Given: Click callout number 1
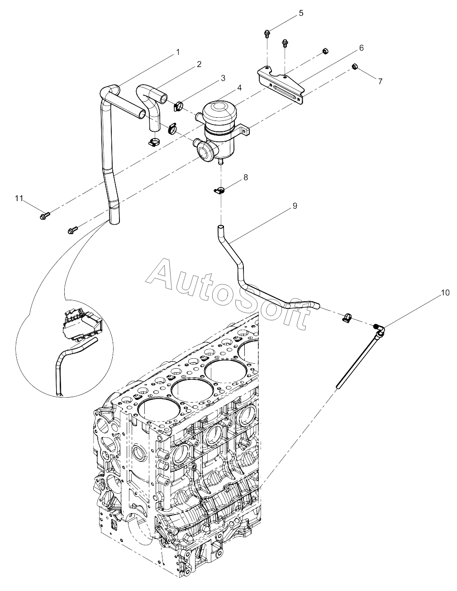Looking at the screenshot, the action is click(x=178, y=52).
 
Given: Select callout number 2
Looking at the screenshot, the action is click(x=199, y=64).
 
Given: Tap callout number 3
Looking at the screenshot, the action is click(x=223, y=78).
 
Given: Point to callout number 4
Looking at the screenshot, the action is click(x=239, y=87).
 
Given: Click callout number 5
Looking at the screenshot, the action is click(x=301, y=13).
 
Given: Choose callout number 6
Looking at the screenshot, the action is click(x=361, y=48).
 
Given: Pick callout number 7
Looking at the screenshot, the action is click(x=380, y=81).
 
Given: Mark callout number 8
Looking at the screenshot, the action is click(x=246, y=178).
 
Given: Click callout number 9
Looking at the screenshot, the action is click(x=295, y=206).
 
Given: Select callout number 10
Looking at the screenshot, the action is click(x=445, y=293).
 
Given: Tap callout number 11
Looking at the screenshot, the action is click(x=19, y=198).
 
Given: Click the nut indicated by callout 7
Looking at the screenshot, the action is click(x=354, y=66).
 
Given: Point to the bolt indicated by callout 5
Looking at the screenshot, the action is click(x=267, y=34).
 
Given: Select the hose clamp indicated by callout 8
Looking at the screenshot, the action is click(x=219, y=191).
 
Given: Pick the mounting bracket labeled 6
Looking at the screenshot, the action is click(x=281, y=86).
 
